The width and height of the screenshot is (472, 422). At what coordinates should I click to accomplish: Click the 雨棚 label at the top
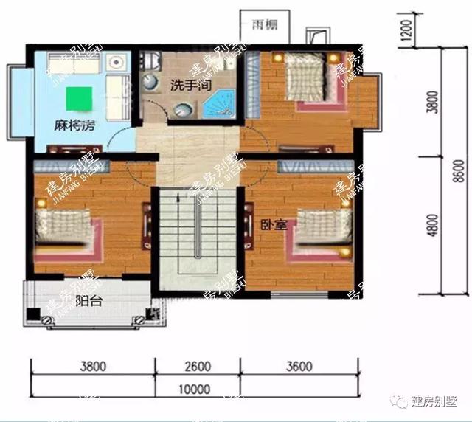[x=260, y=24]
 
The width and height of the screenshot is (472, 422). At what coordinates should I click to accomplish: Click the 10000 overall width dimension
[x=195, y=390]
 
